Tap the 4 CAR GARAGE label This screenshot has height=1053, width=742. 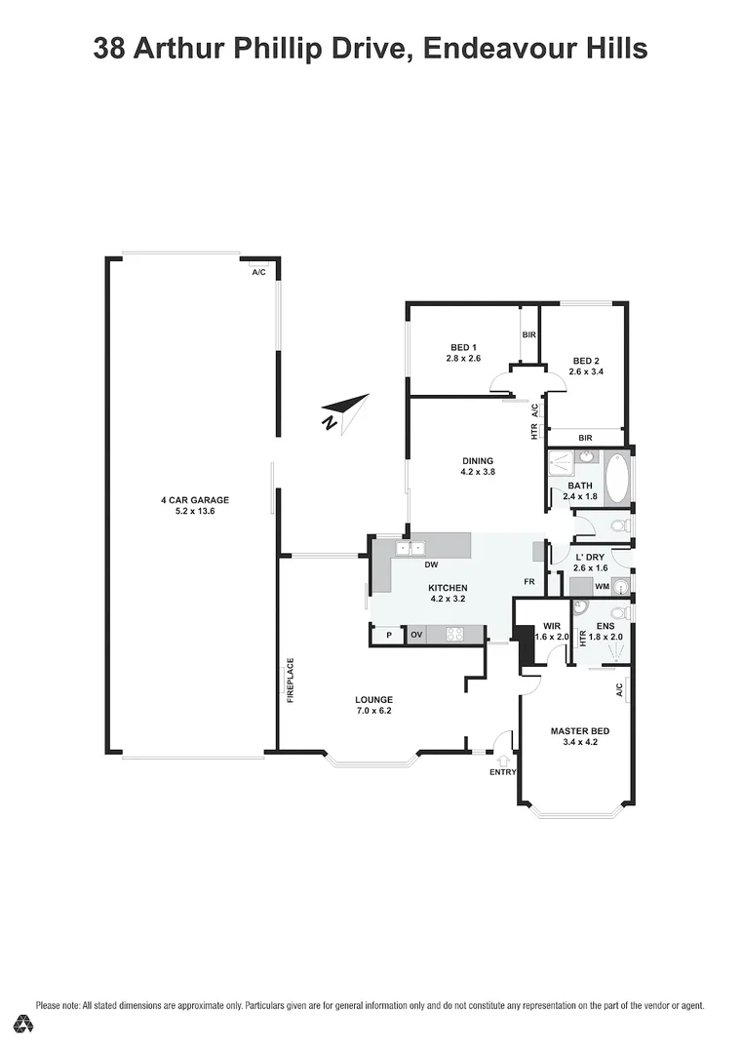[x=194, y=500]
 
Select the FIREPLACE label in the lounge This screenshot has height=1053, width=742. [x=290, y=682]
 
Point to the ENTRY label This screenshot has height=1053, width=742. [x=502, y=772]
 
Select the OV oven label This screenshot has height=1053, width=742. [x=416, y=635]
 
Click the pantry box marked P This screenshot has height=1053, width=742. [x=389, y=635]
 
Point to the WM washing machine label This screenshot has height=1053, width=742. [x=602, y=587]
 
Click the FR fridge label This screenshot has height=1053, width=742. [x=528, y=582]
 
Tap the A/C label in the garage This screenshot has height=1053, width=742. [x=258, y=272]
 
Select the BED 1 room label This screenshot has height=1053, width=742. [x=463, y=348]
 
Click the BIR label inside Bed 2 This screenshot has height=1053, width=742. [x=585, y=439]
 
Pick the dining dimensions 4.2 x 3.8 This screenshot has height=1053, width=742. [x=478, y=473]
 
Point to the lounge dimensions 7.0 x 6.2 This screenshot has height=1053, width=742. [x=373, y=711]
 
